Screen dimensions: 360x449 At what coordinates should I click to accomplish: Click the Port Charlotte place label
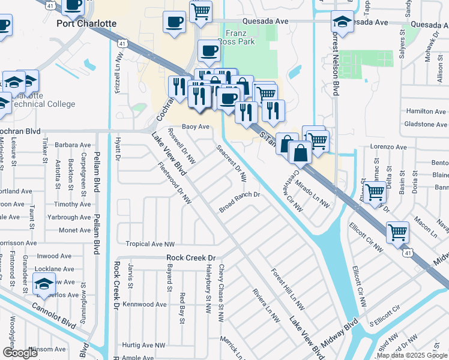86,23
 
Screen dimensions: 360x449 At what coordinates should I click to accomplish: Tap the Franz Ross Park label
240,37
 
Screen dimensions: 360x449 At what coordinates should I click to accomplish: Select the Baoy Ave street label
196,127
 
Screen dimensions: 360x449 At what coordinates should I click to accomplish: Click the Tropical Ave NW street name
150,244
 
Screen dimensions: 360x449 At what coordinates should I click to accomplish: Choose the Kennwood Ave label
144,304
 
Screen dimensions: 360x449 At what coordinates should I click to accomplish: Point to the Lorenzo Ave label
388,146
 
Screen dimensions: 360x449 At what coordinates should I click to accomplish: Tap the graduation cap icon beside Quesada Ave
342,22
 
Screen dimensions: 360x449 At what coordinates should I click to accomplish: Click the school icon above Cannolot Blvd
44,283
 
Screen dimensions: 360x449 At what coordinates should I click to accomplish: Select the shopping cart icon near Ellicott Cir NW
376,192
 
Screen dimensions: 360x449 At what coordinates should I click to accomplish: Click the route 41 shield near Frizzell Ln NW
122,43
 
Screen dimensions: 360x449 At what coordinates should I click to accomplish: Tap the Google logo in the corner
20,352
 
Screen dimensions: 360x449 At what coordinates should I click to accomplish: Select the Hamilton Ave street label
426,111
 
